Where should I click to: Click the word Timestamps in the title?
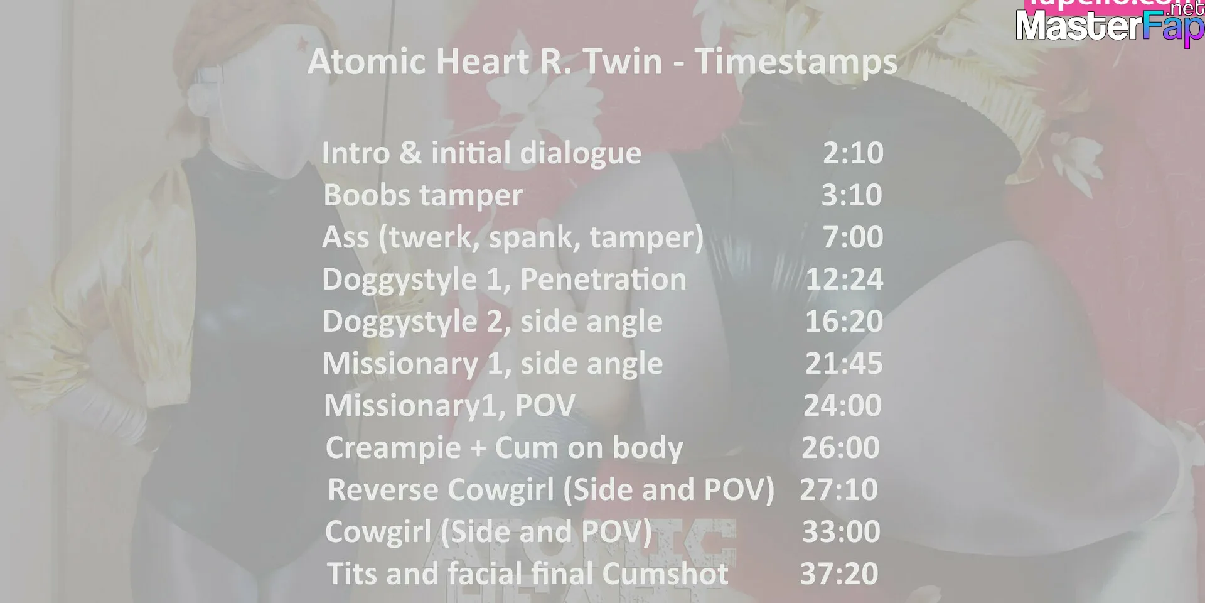point(796,63)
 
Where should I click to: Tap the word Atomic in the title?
point(367,62)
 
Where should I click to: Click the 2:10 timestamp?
point(853,153)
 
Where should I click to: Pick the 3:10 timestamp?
point(852,195)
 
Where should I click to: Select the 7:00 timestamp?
point(853,237)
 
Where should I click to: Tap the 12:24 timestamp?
point(844,279)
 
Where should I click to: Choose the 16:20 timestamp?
point(844,321)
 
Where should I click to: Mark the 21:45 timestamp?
point(844,363)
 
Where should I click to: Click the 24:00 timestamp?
point(843,405)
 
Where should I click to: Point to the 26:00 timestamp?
point(841,447)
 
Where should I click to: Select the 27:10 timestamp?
point(839,489)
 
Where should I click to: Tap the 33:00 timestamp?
point(842,531)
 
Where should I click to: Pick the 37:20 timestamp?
point(839,573)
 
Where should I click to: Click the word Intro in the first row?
point(356,153)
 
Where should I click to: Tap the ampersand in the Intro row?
point(410,153)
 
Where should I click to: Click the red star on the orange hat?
point(303,43)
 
